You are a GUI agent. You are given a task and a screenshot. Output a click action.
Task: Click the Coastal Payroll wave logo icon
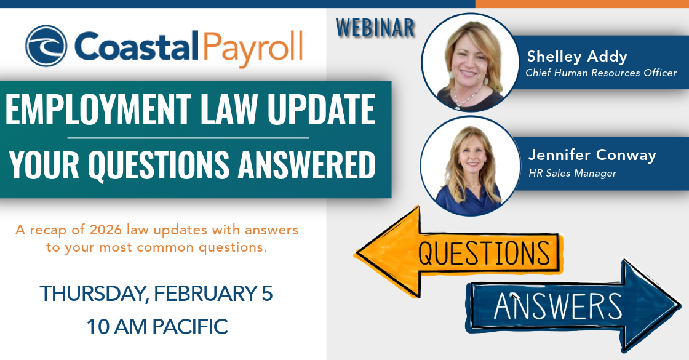click(x=46, y=46)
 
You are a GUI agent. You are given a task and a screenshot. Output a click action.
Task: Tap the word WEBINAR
click(x=375, y=27)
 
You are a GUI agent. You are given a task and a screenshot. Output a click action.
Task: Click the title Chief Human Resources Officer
click(x=600, y=73)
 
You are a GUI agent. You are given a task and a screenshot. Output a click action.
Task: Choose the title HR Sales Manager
click(x=572, y=173)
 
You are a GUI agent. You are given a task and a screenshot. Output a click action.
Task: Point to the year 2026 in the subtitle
click(x=105, y=231)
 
